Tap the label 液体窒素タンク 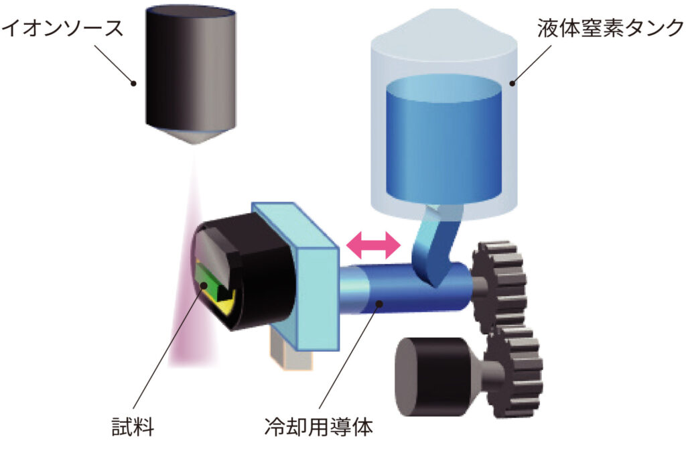pos(608,28)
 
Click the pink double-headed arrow pos(372,246)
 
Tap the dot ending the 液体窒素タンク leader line pos(513,83)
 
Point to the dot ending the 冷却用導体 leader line pos(379,306)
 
